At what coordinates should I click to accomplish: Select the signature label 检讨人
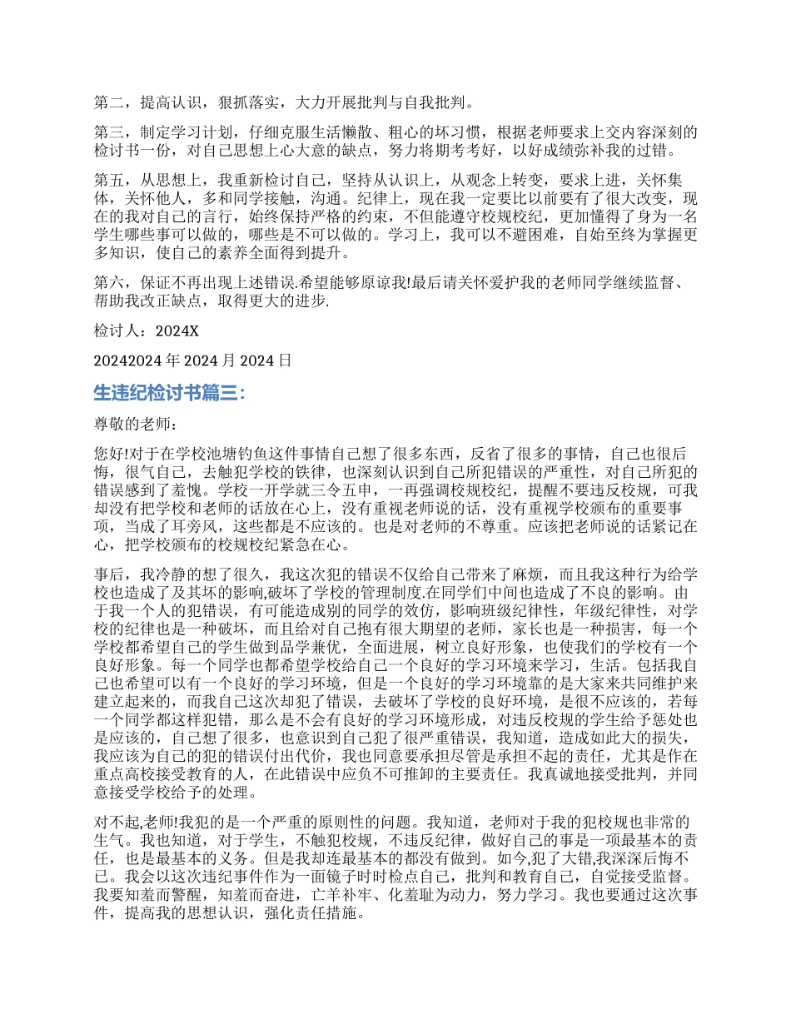(118, 331)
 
